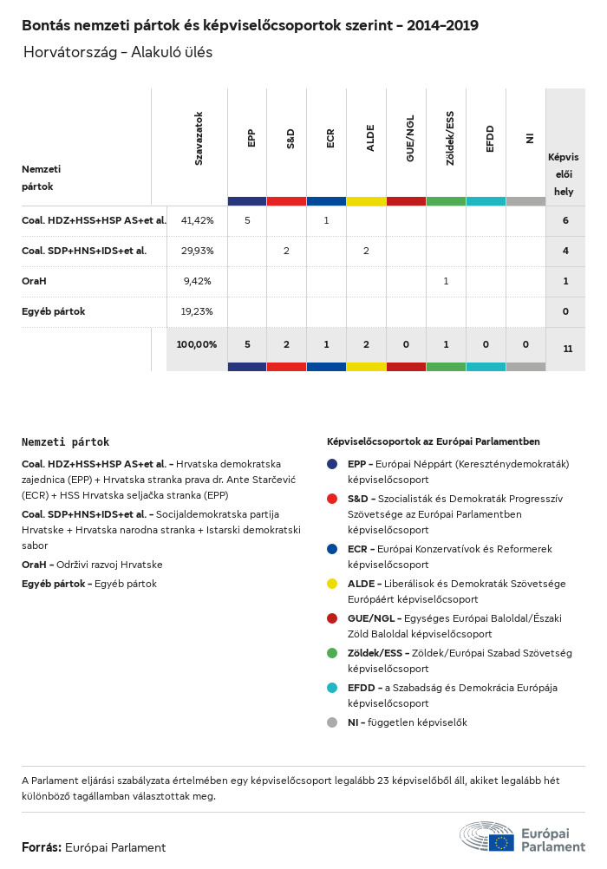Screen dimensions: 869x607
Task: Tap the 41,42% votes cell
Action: click(x=197, y=220)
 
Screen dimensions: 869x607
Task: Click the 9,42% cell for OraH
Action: click(x=197, y=281)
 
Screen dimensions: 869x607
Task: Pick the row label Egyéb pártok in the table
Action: click(x=53, y=311)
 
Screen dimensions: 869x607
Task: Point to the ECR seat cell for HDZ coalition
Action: click(x=326, y=220)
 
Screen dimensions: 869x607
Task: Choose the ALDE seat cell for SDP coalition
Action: click(x=366, y=251)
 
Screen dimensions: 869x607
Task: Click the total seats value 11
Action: click(x=567, y=349)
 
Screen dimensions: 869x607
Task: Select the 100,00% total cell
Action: click(x=197, y=344)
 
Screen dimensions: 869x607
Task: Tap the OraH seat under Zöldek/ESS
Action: click(x=446, y=281)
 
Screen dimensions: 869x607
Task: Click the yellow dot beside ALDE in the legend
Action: click(x=332, y=584)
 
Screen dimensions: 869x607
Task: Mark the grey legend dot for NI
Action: click(x=332, y=722)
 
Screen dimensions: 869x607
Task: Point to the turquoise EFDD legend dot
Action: click(x=332, y=688)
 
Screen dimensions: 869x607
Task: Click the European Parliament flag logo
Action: click(x=500, y=841)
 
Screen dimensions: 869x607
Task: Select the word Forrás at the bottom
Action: click(x=41, y=847)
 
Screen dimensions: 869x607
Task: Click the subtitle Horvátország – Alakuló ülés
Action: click(x=118, y=52)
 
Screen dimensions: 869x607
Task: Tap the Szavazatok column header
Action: click(x=199, y=138)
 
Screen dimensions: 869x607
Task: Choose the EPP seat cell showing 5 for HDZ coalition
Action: click(x=247, y=220)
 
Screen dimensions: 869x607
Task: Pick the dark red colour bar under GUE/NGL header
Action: click(x=406, y=201)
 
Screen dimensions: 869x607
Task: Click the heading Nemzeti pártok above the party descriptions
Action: click(x=65, y=442)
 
